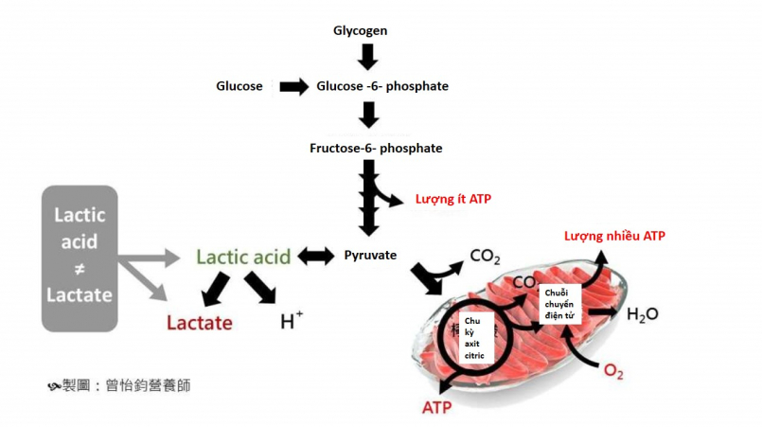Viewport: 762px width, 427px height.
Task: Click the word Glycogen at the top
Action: point(361,31)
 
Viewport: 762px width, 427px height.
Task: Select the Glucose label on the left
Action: point(239,86)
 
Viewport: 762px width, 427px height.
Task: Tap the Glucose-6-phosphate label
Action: point(381,86)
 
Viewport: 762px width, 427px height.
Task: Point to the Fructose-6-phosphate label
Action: point(376,148)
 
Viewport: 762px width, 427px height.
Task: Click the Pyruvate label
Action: point(370,256)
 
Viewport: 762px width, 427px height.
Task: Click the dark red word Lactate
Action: point(200,323)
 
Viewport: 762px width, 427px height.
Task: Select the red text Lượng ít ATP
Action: point(453,200)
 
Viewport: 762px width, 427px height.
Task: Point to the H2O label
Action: point(643,314)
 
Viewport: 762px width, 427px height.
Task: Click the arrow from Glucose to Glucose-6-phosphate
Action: point(294,86)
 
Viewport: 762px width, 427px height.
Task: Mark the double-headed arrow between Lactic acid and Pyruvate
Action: point(316,256)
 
